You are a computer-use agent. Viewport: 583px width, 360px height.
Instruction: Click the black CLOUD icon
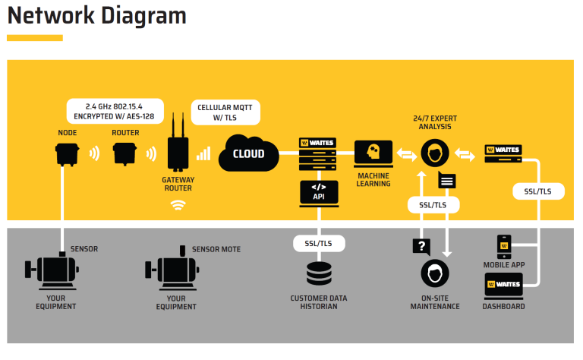tap(248, 153)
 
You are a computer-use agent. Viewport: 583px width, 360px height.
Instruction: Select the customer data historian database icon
tap(319, 273)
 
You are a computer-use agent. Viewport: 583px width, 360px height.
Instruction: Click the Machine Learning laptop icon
tap(373, 153)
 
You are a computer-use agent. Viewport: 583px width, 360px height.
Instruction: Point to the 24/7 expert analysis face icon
tap(435, 153)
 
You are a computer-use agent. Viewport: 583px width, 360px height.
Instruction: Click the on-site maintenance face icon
tap(435, 273)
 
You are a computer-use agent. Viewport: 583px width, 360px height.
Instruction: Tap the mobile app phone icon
tap(504, 247)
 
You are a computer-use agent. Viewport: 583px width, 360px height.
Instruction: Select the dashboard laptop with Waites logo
tap(504, 286)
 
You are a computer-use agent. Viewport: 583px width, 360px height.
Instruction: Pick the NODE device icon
tap(67, 154)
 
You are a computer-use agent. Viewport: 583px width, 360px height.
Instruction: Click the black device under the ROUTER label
tap(125, 154)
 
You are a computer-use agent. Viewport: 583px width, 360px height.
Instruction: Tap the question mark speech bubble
tap(421, 247)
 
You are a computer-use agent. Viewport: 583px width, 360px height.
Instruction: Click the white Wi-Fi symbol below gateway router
tap(178, 205)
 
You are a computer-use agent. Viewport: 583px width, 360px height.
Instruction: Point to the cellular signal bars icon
tap(203, 153)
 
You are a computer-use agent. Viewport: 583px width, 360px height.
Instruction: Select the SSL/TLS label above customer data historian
tap(319, 244)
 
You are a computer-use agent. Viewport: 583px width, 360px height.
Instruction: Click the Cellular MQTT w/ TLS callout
tap(225, 112)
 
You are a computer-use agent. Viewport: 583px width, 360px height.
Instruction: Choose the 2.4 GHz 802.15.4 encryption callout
tap(115, 111)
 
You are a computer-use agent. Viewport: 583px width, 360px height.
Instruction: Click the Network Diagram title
tap(96, 16)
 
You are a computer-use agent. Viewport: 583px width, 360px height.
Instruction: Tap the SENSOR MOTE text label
tap(216, 249)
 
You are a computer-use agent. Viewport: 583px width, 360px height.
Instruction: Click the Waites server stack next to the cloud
tap(317, 154)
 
